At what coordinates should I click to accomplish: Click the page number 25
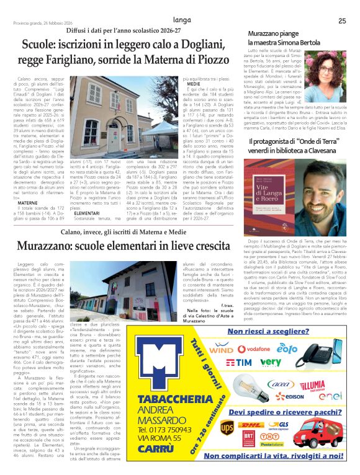click(x=342, y=20)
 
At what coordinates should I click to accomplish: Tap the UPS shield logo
click(x=227, y=427)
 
